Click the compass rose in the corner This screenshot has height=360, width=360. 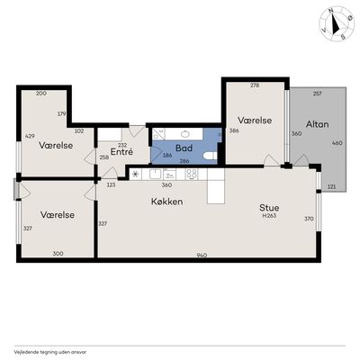[337, 24]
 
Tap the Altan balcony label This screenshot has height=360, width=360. [317, 124]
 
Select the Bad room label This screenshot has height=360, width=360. [184, 148]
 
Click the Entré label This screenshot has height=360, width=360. [121, 152]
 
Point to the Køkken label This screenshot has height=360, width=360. [166, 202]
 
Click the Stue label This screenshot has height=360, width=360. [269, 208]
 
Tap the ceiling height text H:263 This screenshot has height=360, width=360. [269, 215]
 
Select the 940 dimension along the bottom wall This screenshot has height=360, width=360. [202, 256]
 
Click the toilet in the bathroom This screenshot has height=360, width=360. [210, 156]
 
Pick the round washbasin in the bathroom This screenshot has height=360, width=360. [185, 134]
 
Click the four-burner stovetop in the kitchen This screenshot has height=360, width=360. [192, 174]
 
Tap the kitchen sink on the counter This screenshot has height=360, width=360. [156, 174]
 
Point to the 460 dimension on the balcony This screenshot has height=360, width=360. [337, 143]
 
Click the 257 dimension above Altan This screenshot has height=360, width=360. [317, 94]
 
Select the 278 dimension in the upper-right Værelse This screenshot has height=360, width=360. [255, 85]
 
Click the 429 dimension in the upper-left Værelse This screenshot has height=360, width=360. [30, 136]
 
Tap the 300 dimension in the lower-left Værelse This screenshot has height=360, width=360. [58, 254]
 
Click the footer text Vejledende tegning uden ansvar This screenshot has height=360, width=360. [50, 352]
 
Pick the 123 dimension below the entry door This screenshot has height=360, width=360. [111, 184]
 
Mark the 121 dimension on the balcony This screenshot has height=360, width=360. [331, 186]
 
